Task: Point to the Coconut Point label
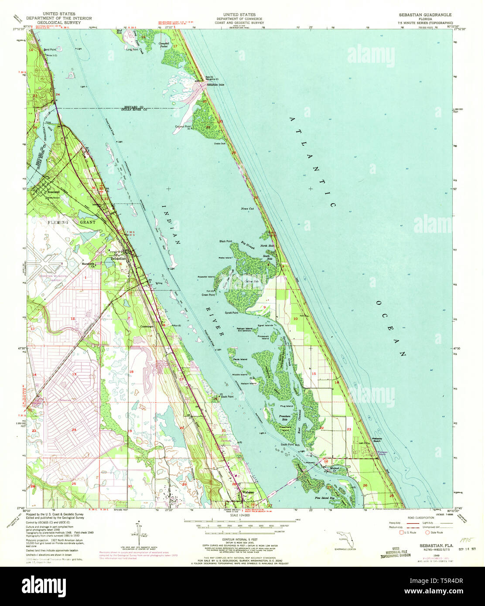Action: click(x=184, y=127)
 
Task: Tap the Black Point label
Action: click(x=226, y=241)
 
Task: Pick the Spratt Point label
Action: click(x=231, y=313)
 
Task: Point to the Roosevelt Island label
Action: click(x=263, y=337)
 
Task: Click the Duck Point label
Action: click(x=227, y=397)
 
